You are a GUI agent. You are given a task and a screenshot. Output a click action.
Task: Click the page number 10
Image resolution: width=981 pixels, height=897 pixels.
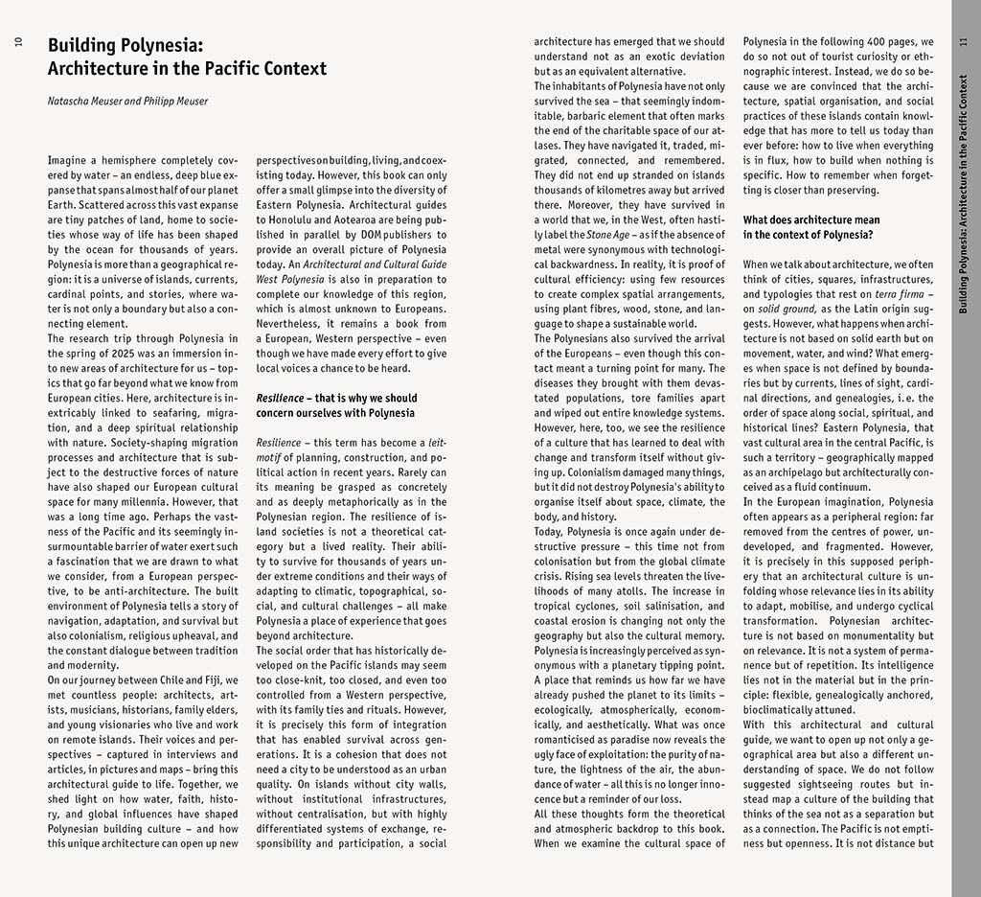(19, 43)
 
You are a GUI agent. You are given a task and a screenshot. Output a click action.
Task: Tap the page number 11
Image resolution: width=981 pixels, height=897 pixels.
(963, 43)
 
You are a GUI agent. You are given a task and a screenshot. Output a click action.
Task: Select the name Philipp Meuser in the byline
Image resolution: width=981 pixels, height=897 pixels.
(174, 101)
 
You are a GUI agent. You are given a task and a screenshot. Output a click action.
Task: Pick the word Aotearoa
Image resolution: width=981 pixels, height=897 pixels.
(368, 218)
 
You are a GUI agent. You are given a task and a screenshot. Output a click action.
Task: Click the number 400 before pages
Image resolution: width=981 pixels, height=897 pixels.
(864, 42)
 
